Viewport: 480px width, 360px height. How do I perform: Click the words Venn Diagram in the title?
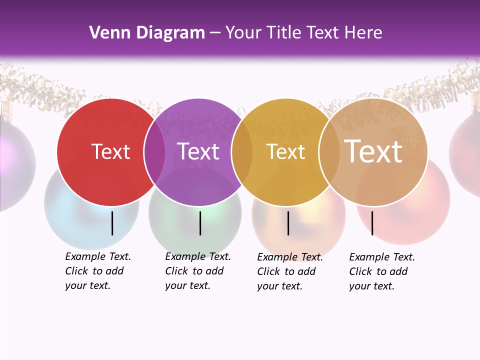pos(146,33)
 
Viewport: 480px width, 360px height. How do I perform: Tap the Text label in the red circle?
pos(110,151)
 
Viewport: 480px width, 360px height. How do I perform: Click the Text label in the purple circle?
pos(198,151)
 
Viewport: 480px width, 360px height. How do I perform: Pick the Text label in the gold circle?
pos(285,151)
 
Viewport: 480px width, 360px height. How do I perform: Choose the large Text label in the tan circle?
pos(373,151)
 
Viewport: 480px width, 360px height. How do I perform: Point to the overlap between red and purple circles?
pos(154,152)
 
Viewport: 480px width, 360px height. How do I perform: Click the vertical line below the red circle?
pos(112,223)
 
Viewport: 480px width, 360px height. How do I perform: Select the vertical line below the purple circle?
pos(200,223)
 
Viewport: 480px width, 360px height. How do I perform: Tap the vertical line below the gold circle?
pos(288,223)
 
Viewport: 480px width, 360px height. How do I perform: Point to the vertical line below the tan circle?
pos(372,223)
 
